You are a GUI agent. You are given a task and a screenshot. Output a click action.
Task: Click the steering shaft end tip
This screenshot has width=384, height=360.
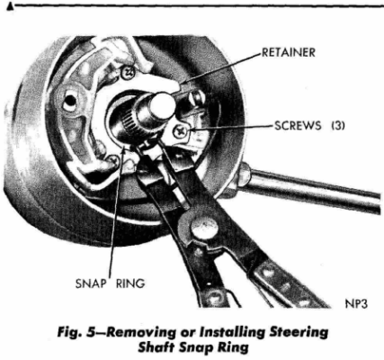point(163,106)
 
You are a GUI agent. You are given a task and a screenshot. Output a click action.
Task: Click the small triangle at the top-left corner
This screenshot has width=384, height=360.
point(6,6)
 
